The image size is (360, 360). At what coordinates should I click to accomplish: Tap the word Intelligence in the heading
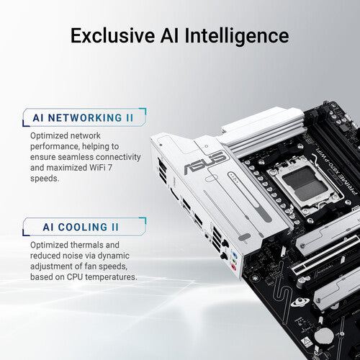point(237,35)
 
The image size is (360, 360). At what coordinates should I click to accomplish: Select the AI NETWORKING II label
point(81,117)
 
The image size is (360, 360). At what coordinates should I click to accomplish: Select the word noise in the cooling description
point(78,255)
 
